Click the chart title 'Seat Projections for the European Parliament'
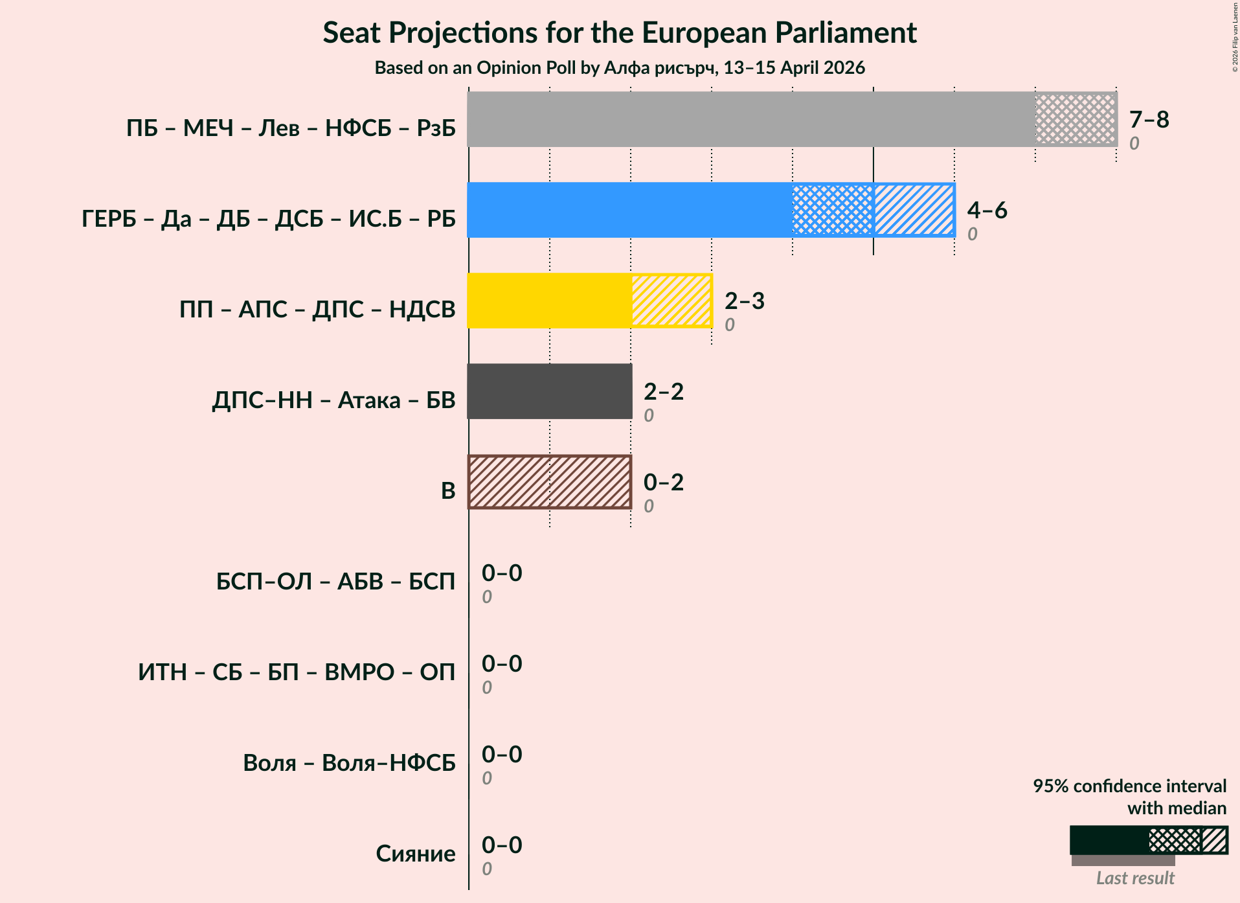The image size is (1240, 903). [620, 32]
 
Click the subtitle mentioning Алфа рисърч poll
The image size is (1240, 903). [620, 68]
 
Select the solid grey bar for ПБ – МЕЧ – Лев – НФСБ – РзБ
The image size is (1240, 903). [751, 119]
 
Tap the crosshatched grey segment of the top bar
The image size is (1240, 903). [1076, 119]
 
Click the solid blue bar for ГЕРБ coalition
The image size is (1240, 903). [629, 210]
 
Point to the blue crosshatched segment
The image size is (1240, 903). [833, 210]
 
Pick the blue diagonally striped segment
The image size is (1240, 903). [914, 210]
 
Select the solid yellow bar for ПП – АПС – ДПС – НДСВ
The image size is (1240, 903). [549, 301]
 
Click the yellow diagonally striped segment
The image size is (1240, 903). [671, 301]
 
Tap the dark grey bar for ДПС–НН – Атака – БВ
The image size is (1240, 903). [549, 391]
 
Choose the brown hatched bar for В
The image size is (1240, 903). [549, 482]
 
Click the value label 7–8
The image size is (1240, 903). [1149, 119]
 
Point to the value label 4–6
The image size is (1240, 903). [987, 210]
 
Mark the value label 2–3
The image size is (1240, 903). [744, 301]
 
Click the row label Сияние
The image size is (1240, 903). [416, 854]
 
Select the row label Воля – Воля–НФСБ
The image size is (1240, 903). [349, 763]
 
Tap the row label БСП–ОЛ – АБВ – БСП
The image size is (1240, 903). [335, 582]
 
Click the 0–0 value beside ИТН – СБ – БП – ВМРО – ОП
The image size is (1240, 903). [501, 663]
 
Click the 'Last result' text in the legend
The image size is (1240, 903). [1134, 878]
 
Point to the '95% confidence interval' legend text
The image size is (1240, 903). [1129, 786]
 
